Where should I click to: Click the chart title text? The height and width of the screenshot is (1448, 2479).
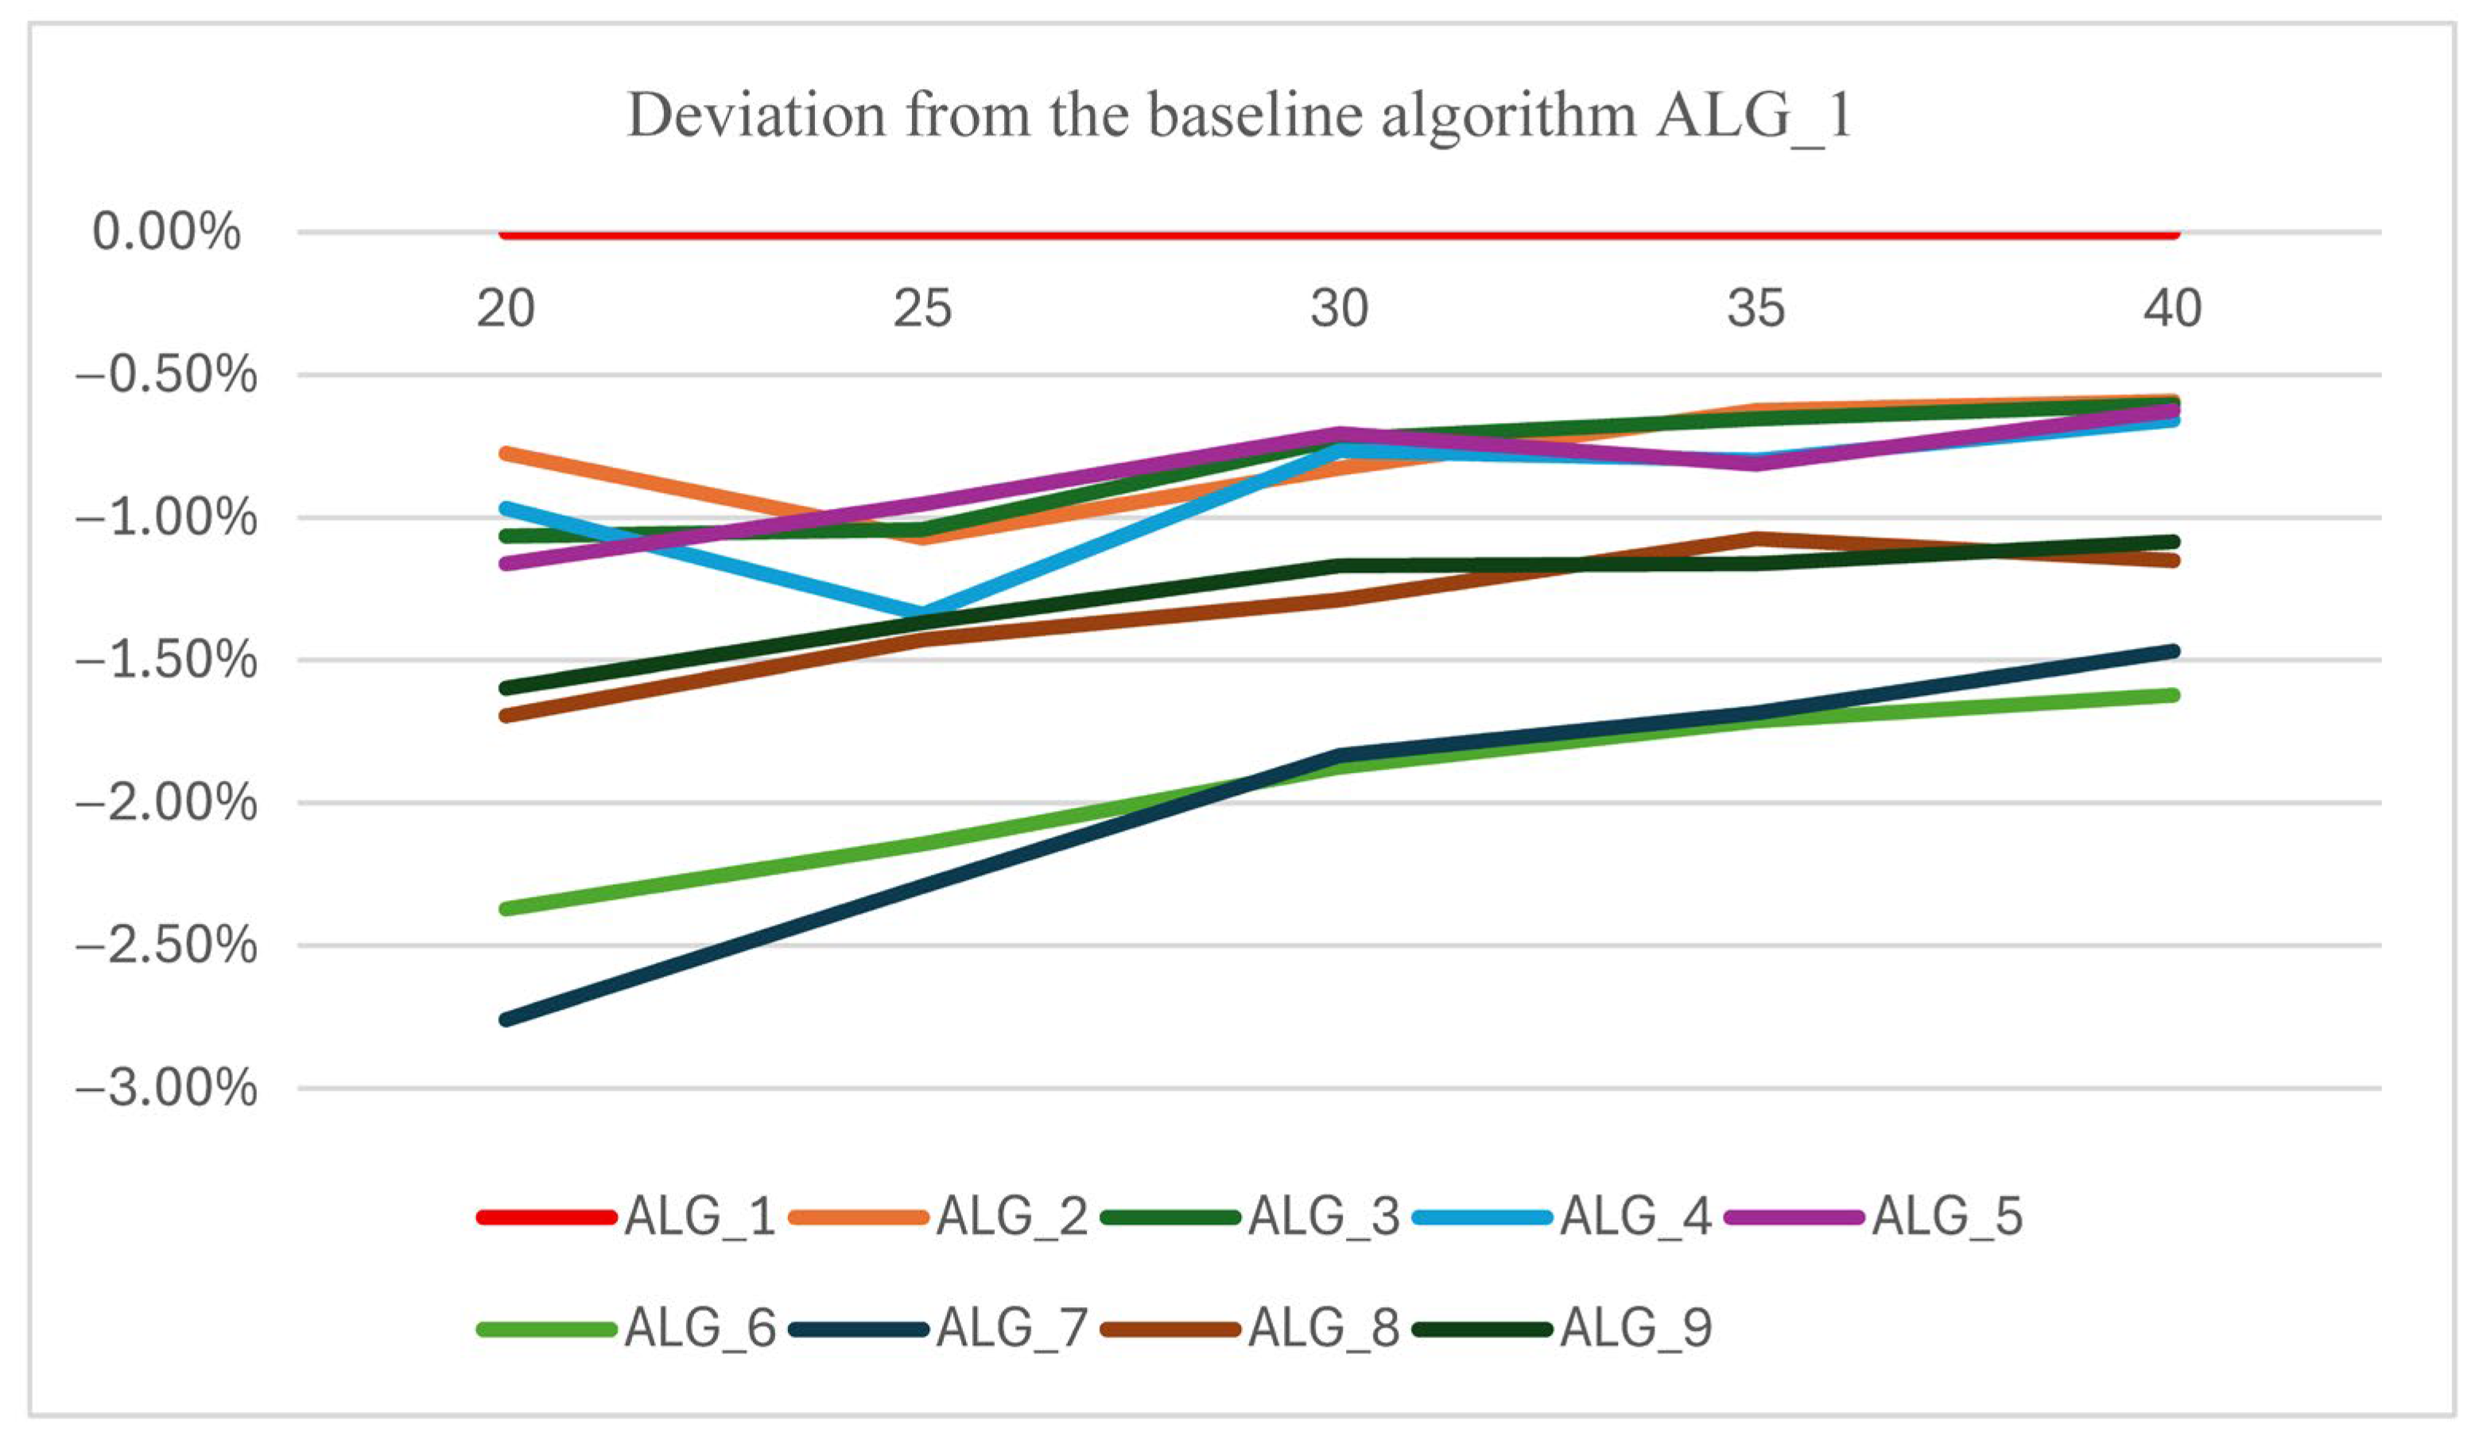1239,115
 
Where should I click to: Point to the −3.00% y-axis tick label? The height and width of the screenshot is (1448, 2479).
165,1089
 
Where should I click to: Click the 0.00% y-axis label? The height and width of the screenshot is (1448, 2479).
165,232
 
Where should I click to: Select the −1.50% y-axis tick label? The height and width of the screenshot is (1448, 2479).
165,660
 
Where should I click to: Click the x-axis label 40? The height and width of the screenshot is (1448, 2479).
2172,309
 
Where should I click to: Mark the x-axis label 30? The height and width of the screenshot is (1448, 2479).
1339,309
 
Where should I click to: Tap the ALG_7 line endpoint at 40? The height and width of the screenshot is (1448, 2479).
2173,651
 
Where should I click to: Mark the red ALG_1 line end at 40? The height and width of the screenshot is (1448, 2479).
2173,233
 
